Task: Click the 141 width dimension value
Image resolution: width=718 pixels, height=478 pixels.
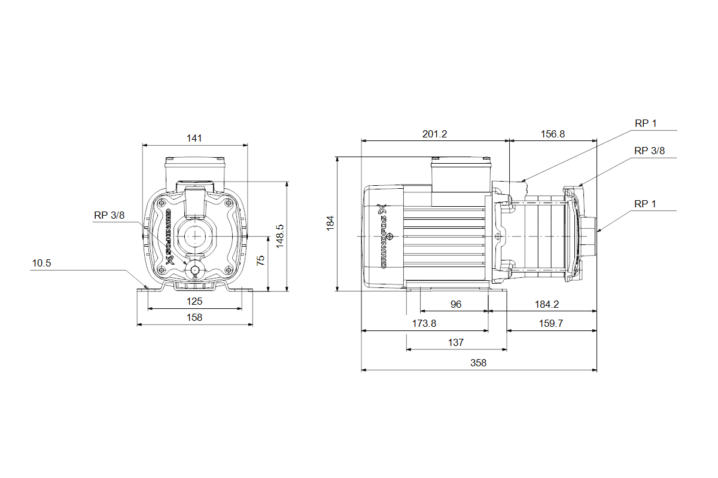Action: click(194, 138)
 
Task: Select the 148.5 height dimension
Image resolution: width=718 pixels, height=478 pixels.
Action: click(279, 236)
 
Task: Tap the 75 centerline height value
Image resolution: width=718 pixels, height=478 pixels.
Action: click(260, 261)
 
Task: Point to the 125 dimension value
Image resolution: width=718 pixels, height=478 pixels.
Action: click(194, 302)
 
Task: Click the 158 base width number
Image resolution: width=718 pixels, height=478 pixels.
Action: click(194, 317)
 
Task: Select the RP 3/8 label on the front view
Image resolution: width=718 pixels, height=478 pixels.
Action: click(109, 216)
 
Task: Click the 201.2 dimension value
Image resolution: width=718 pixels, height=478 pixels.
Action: click(434, 134)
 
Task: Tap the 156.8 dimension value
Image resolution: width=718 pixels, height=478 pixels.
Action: click(552, 134)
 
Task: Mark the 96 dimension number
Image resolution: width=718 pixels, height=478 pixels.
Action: click(456, 304)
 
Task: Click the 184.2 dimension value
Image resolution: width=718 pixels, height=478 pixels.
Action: click(546, 304)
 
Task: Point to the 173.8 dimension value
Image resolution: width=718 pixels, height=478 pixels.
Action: click(424, 323)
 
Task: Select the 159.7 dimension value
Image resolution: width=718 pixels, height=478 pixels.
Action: click(552, 323)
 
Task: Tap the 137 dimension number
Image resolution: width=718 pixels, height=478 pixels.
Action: click(456, 343)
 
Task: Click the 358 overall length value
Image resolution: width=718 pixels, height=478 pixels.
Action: click(479, 363)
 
